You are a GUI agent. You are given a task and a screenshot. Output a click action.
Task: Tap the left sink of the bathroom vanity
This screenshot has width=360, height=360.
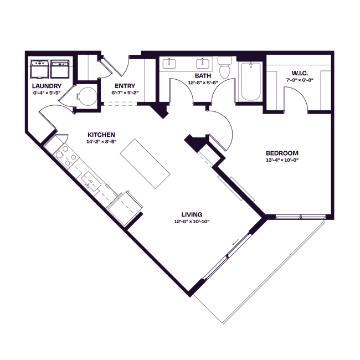point(169,64)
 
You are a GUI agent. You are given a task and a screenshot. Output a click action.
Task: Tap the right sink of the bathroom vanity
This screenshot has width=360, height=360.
point(202,64)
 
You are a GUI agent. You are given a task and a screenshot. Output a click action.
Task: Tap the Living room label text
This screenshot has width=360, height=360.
point(192,218)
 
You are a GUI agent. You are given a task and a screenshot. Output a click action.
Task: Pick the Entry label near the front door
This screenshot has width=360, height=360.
point(124,89)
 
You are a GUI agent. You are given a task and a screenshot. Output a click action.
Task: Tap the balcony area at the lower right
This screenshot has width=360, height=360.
point(260,271)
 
